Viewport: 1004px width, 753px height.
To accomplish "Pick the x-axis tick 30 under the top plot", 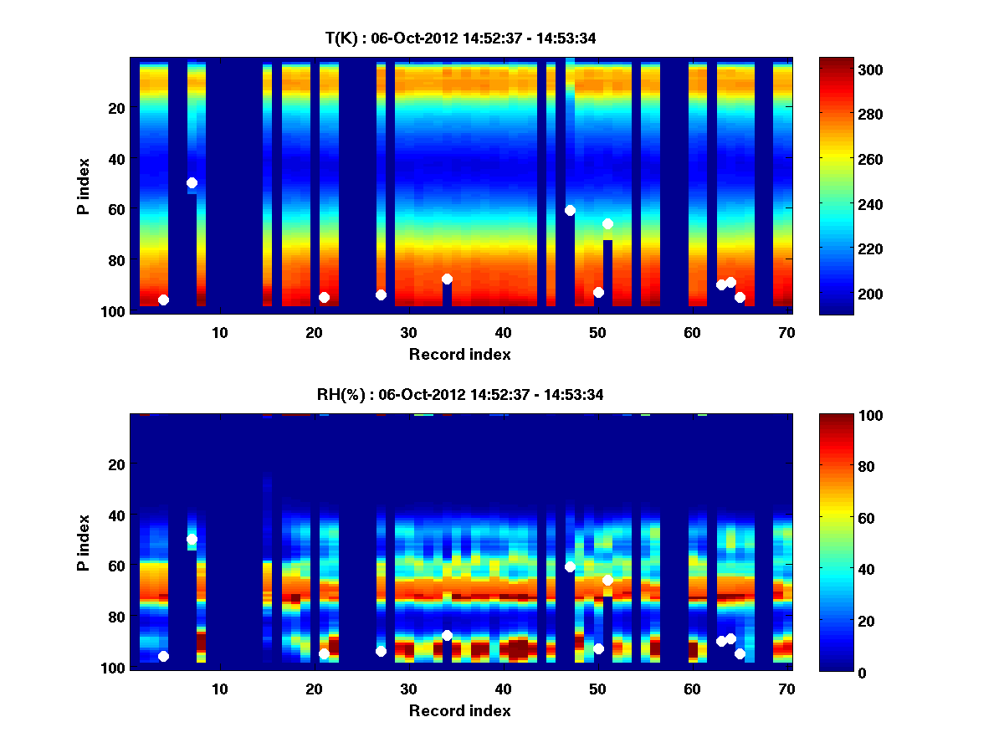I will click(x=408, y=332).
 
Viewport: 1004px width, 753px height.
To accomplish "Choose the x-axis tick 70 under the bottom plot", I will click(x=786, y=689).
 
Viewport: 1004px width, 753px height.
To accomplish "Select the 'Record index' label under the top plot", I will click(x=459, y=354).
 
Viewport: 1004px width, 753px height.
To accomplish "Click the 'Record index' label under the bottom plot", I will click(x=459, y=710).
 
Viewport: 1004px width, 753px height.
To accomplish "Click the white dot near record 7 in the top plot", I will click(x=192, y=182).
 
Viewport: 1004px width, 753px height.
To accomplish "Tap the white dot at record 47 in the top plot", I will click(x=570, y=210).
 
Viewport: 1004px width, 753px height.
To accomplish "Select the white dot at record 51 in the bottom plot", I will click(x=607, y=580).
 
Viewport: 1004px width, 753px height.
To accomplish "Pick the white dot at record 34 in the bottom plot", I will click(x=447, y=635).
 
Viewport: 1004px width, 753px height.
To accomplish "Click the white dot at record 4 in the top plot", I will click(x=163, y=300).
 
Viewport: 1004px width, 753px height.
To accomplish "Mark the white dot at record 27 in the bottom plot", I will click(x=381, y=651).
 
